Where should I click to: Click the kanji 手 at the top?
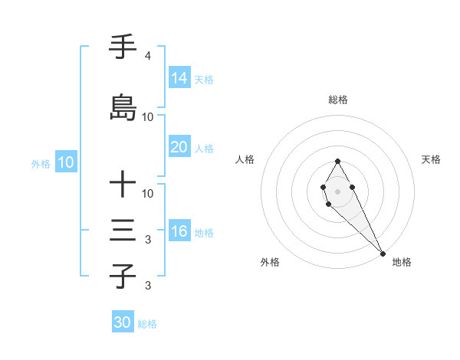(x=123, y=47)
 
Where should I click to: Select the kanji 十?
(x=123, y=184)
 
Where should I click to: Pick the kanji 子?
(x=123, y=276)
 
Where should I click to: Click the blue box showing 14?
(x=179, y=78)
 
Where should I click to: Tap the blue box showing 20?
(x=179, y=147)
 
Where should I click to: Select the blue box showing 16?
(x=179, y=231)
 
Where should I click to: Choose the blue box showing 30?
(x=123, y=322)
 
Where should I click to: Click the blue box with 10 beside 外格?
(x=65, y=162)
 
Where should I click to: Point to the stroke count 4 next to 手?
(x=147, y=56)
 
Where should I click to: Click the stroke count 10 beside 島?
(x=148, y=116)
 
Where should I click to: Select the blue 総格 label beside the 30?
(x=147, y=324)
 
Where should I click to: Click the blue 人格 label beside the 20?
(x=204, y=148)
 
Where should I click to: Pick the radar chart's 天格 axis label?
(x=431, y=159)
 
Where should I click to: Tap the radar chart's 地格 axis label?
(x=402, y=262)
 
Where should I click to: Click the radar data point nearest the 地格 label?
(x=383, y=253)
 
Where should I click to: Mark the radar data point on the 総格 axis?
(x=337, y=161)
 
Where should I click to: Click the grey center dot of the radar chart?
(x=337, y=191)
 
